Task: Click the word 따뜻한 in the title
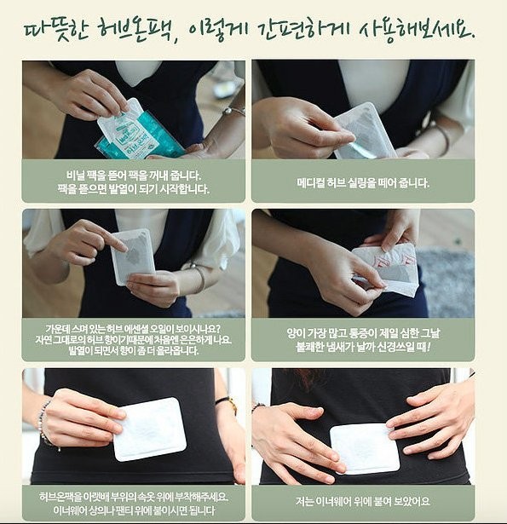tap(56, 33)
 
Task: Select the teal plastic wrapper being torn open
tap(140, 136)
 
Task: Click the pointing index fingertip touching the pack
tap(123, 248)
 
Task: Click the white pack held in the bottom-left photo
tap(149, 429)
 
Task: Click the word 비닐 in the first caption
tap(74, 176)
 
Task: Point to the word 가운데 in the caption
tap(57, 329)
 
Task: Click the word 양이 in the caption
tap(296, 333)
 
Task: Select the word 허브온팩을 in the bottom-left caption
tap(60, 497)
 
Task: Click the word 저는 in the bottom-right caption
tap(304, 501)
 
